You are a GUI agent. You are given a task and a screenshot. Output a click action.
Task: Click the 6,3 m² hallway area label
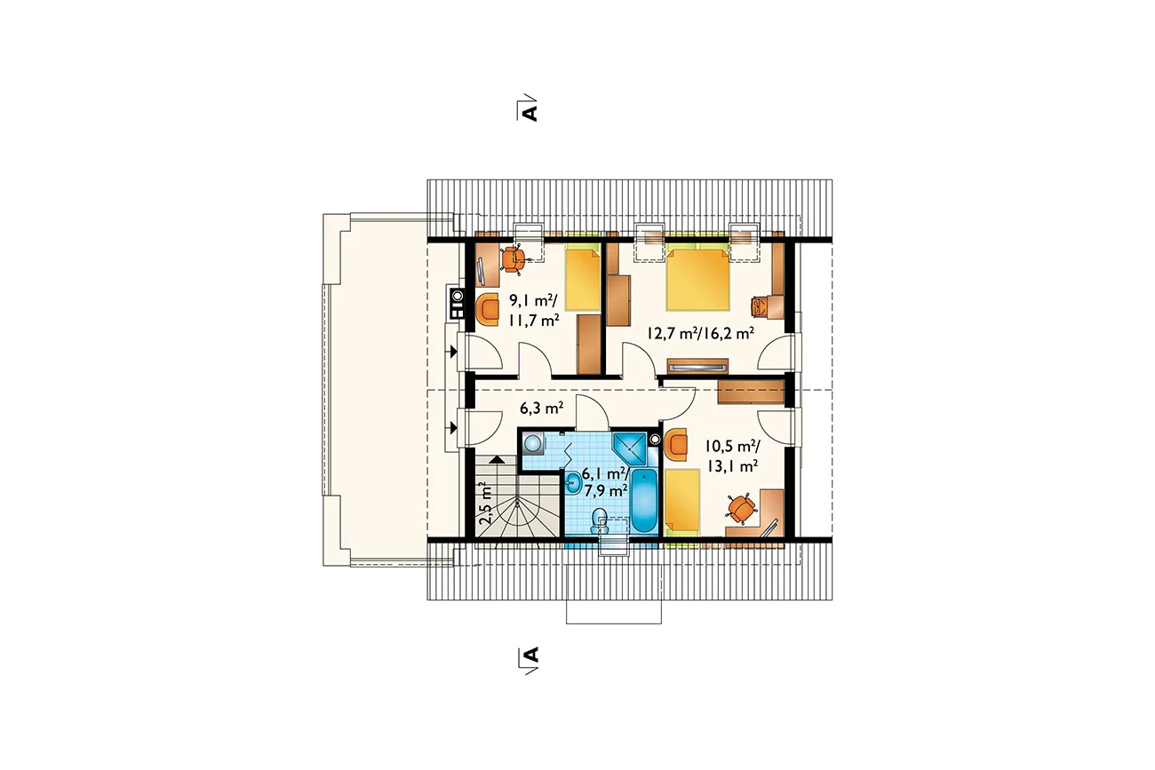point(541,409)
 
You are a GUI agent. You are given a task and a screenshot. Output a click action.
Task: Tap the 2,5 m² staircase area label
point(485,503)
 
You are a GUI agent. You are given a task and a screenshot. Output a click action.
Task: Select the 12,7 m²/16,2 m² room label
point(701,333)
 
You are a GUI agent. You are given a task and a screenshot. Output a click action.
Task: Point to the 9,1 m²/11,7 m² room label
point(534,310)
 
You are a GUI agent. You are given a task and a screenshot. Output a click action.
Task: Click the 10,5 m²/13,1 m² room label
point(732,456)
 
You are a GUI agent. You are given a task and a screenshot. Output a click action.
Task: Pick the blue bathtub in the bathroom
point(644,500)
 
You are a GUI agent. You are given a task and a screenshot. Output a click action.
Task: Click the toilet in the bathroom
point(600,521)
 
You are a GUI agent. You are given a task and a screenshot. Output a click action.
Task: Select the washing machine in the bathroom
point(533,443)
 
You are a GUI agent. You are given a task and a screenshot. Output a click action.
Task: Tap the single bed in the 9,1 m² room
point(583,277)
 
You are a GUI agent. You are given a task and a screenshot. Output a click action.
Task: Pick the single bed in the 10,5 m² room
point(682,503)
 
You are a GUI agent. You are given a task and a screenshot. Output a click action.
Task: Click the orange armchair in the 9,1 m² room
point(488,309)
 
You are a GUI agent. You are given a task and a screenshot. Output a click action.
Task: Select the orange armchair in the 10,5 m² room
point(676,445)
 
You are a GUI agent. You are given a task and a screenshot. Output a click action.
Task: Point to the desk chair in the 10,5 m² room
point(741,509)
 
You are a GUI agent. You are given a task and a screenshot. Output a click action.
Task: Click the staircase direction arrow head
point(497,460)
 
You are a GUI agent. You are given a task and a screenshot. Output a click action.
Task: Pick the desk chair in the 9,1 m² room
point(513,258)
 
